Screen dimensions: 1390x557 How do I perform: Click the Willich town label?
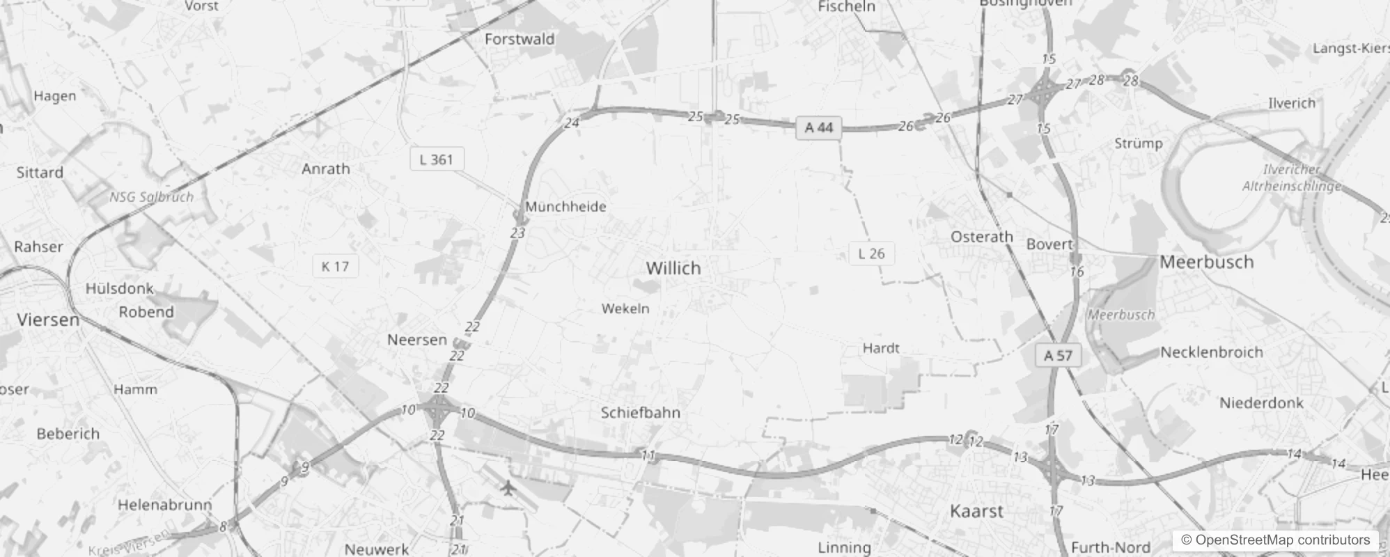(673, 268)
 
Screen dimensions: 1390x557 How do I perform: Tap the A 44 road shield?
(818, 127)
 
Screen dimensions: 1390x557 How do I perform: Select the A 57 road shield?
(1058, 356)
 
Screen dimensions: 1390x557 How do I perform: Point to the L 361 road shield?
(437, 159)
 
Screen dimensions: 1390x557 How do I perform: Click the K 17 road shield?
(335, 266)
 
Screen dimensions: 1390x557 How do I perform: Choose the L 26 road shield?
(871, 253)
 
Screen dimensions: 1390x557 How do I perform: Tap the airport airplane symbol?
(509, 488)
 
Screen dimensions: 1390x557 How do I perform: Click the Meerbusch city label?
(1207, 262)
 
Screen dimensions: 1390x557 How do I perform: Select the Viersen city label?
(48, 320)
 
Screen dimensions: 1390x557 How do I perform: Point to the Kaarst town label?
(977, 512)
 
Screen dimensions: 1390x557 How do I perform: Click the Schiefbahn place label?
(640, 412)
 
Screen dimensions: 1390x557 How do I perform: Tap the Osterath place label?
(982, 237)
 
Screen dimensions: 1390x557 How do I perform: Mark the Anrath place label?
(326, 168)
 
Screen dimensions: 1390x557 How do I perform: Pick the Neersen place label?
(417, 340)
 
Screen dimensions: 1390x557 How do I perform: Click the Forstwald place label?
(520, 39)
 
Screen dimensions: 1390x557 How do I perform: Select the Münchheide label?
(565, 206)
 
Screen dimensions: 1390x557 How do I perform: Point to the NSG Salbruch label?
(151, 197)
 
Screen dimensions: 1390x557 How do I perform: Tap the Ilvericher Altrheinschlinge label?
(1292, 178)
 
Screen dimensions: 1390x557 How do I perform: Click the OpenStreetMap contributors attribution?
(1275, 540)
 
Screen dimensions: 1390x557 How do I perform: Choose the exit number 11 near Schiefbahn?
(648, 456)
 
